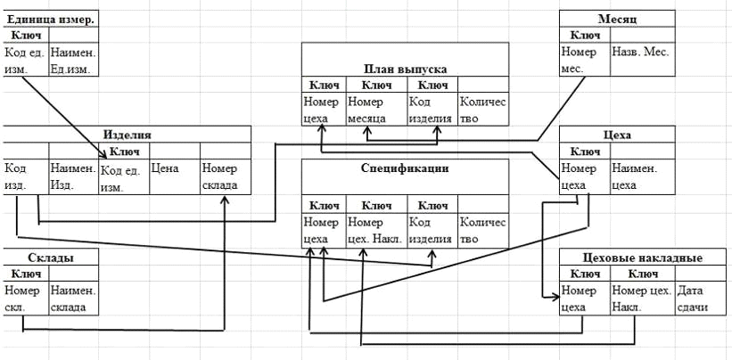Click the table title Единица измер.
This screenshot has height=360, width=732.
pos(51,19)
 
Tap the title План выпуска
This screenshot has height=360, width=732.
pos(405,68)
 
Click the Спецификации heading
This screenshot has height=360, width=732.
pos(405,168)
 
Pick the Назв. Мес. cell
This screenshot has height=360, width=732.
pos(642,59)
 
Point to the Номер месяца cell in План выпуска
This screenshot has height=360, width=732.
pos(375,110)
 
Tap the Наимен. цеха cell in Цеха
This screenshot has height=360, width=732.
pos(642,175)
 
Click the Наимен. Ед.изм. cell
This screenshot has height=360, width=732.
pos(73,59)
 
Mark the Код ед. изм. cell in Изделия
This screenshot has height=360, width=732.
pos(123,180)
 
